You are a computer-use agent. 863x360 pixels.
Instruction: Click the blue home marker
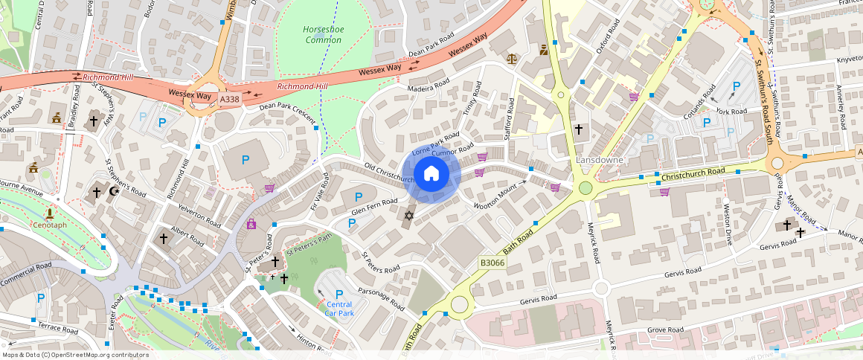[431, 175]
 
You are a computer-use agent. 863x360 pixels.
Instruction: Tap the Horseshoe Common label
[323, 34]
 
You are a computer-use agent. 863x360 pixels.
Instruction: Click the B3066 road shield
[493, 263]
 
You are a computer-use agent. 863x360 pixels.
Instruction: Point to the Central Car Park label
[339, 309]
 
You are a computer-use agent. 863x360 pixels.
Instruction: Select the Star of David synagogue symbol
[408, 216]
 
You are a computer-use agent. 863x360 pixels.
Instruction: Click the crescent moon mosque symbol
[115, 192]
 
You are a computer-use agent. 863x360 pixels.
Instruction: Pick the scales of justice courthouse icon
[511, 57]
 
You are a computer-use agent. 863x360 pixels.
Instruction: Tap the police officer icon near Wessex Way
[544, 51]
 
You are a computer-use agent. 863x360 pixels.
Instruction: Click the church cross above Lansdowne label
[578, 129]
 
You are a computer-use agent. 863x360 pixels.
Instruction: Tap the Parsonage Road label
[380, 300]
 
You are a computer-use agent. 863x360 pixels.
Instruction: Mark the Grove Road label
[665, 329]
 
